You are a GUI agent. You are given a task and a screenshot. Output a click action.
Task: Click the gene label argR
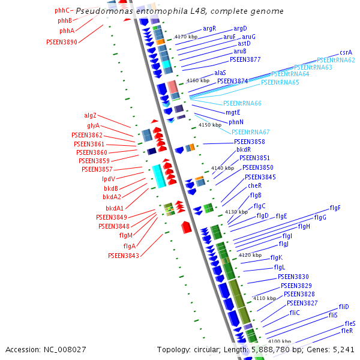point(209,28)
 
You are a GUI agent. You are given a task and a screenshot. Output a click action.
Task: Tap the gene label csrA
point(346,53)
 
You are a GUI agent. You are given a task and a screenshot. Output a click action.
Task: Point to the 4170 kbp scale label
point(185,37)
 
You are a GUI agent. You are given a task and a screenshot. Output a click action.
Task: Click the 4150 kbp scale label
point(209,125)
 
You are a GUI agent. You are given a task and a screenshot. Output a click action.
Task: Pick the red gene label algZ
point(90,115)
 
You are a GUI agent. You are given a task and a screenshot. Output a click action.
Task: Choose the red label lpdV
point(109,179)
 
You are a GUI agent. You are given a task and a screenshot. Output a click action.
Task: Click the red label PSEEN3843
point(124,256)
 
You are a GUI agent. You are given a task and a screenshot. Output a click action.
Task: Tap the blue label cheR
point(255,186)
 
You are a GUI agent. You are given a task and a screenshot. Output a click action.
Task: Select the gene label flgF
point(335,208)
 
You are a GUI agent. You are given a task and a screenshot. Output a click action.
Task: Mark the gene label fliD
point(343,307)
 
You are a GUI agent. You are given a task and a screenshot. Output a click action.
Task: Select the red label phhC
point(62,11)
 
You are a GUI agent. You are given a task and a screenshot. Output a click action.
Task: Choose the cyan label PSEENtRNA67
point(250,132)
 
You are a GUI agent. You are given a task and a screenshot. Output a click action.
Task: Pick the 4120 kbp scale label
point(250,255)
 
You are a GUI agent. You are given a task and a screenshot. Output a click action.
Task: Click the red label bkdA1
point(115,208)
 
